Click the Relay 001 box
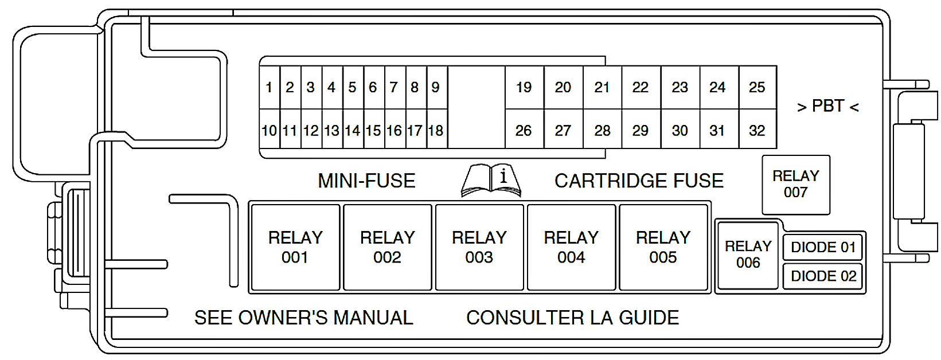(295, 247)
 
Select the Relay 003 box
(479, 247)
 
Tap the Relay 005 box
(663, 247)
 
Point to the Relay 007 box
(796, 184)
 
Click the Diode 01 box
(823, 248)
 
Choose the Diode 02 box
(823, 276)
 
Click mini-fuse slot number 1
(269, 88)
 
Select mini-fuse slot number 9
(436, 88)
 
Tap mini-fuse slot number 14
(353, 131)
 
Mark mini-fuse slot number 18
(436, 131)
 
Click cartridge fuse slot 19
(524, 88)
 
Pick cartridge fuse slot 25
(757, 88)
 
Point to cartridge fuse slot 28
(602, 131)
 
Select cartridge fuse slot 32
(757, 131)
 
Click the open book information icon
(491, 181)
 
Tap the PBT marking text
(828, 107)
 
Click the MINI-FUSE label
(366, 181)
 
